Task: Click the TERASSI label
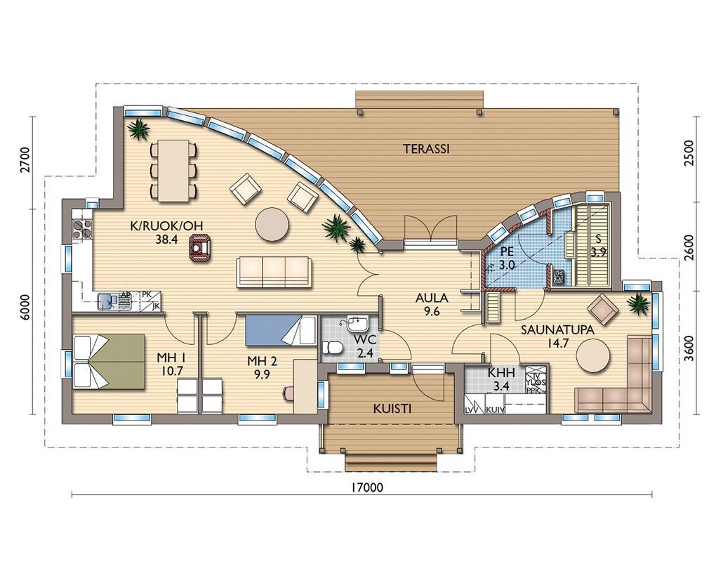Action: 427,149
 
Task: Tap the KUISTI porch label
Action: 392,409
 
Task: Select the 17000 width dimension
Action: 368,488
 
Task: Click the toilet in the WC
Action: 333,348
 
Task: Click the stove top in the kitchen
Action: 83,229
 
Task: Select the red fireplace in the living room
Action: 201,248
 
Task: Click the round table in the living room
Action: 272,224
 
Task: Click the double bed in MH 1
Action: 109,362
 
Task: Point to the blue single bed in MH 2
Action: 280,330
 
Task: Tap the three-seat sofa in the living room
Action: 274,272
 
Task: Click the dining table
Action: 173,171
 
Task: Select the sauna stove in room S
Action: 559,278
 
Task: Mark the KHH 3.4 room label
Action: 501,379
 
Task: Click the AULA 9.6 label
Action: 432,305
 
